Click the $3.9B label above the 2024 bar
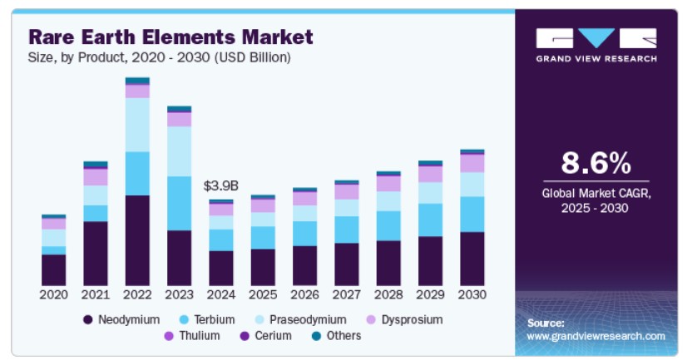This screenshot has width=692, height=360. click(x=220, y=185)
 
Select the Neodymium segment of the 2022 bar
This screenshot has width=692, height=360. click(x=137, y=240)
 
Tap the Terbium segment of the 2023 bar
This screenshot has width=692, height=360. click(x=179, y=204)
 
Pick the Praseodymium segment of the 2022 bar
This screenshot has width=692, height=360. click(x=137, y=125)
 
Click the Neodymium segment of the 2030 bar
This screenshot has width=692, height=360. click(x=472, y=259)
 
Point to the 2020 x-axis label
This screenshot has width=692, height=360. click(x=54, y=294)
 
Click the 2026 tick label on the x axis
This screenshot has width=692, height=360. click(x=305, y=294)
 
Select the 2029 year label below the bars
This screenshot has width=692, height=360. click(x=430, y=294)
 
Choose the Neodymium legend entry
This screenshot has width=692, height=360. click(x=121, y=319)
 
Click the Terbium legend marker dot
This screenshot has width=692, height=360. click(x=184, y=320)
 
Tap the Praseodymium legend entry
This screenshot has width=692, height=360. click(x=301, y=319)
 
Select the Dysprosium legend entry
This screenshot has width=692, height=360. click(x=405, y=319)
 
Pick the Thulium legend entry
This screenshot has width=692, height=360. click(x=192, y=336)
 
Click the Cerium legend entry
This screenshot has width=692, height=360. click(x=265, y=336)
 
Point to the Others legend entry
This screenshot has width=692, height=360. click(x=336, y=336)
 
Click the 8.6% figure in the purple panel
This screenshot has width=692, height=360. click(x=596, y=163)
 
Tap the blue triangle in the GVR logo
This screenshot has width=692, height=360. click(x=596, y=37)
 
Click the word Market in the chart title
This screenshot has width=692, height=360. click(x=277, y=37)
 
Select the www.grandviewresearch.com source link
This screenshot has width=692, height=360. click(x=596, y=336)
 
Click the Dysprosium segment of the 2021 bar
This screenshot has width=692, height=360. click(x=96, y=177)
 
